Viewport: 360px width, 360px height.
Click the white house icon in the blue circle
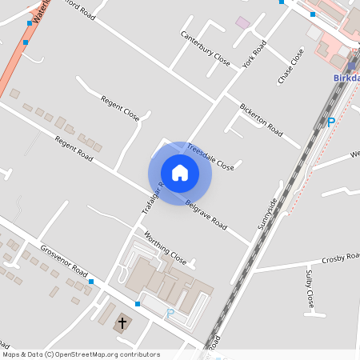tap(180, 172)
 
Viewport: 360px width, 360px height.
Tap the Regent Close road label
tap(120, 108)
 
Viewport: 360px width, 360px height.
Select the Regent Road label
tap(74, 153)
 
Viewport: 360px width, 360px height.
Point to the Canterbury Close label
tap(205, 49)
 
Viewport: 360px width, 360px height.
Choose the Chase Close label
tap(291, 67)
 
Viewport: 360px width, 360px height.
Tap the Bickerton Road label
tap(261, 118)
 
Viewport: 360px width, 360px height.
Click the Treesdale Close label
tap(211, 157)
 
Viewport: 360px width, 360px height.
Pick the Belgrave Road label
tap(206, 214)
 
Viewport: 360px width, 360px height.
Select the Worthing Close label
tap(165, 249)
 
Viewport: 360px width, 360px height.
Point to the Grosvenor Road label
tap(63, 260)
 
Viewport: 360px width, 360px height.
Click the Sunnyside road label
tap(266, 214)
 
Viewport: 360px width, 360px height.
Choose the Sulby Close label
tap(309, 289)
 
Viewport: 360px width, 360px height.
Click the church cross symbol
tap(122, 323)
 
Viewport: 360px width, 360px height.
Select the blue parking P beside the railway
tap(330, 122)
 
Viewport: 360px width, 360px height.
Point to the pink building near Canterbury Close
tap(242, 22)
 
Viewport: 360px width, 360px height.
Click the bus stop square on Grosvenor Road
tap(91, 282)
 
